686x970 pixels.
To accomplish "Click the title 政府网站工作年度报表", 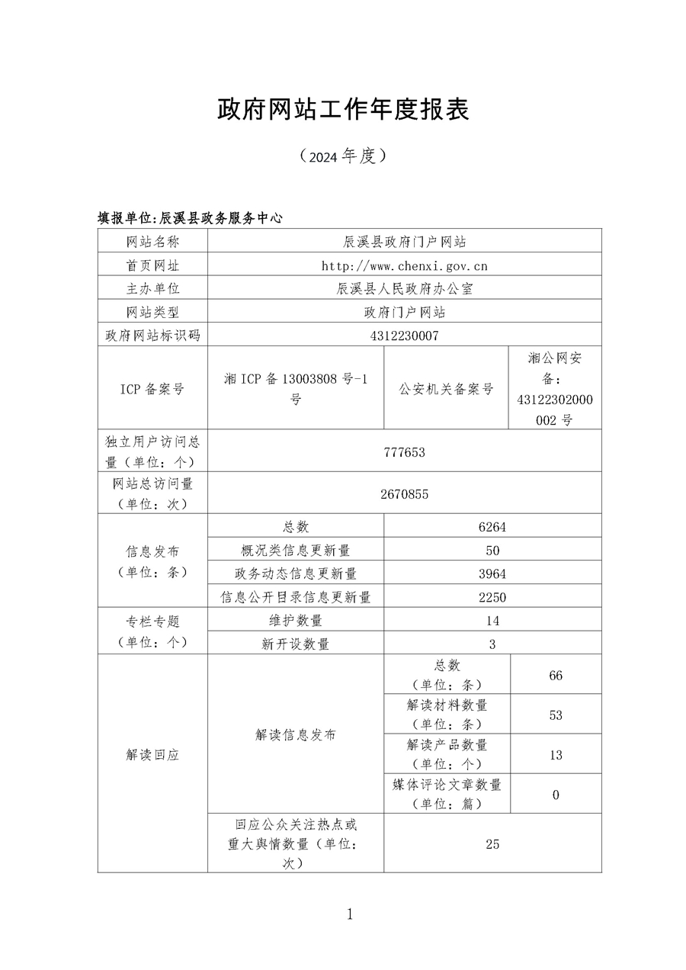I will click(x=343, y=110).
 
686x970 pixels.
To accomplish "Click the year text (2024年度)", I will click(x=343, y=156).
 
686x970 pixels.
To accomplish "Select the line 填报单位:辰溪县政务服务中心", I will click(x=190, y=217).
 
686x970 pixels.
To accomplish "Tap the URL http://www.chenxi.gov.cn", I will click(x=404, y=265).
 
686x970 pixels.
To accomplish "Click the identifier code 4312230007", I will click(x=404, y=336).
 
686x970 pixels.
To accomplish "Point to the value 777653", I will click(x=404, y=452).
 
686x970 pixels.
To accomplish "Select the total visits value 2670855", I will click(x=404, y=494).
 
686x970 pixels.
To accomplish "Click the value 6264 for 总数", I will click(x=492, y=527).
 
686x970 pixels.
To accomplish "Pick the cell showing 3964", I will click(x=492, y=573).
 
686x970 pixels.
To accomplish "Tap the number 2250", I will click(x=492, y=597).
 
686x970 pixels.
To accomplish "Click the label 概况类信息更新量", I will click(x=296, y=551).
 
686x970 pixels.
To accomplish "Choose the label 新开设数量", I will click(x=296, y=644).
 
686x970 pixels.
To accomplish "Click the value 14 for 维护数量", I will click(x=492, y=621).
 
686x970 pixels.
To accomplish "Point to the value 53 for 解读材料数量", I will click(x=556, y=715).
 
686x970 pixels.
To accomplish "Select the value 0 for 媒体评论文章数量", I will click(x=556, y=795).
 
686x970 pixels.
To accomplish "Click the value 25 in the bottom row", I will click(x=492, y=844).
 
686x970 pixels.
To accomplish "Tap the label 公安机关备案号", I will click(x=446, y=389).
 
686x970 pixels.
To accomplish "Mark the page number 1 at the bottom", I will click(x=350, y=914).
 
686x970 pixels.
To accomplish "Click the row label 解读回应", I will click(x=152, y=755).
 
